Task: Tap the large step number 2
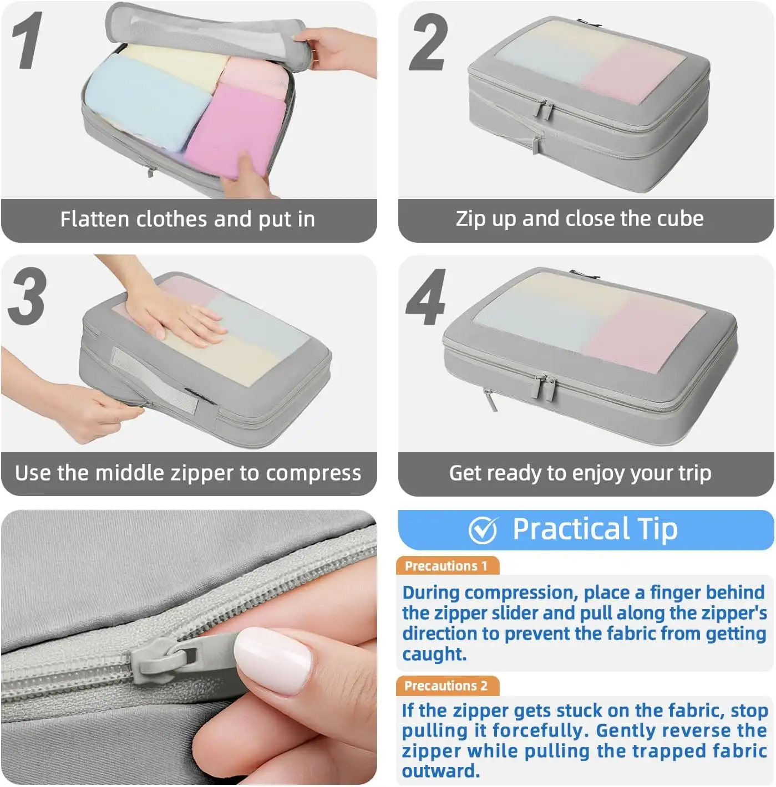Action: pos(428,43)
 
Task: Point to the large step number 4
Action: pos(426,297)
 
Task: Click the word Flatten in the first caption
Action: pos(95,219)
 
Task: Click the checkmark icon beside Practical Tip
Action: pos(483,530)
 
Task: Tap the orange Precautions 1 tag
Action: pos(447,566)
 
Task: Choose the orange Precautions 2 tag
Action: pos(447,686)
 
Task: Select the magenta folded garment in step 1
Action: pos(236,130)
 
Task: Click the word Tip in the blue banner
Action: pos(657,529)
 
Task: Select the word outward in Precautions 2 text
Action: pos(439,771)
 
